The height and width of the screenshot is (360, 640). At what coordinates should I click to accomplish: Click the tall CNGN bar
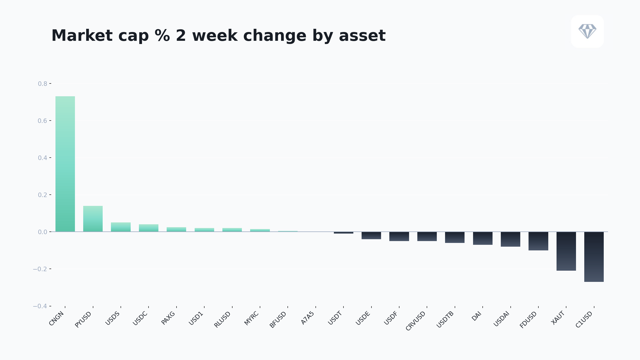[x=65, y=164]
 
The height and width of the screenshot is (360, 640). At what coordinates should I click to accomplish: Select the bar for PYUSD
[x=93, y=219]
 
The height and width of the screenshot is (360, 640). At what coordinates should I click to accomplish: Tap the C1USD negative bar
[x=594, y=257]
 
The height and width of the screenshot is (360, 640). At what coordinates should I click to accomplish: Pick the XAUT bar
[x=566, y=251]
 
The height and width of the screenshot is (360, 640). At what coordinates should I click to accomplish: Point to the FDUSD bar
[x=538, y=241]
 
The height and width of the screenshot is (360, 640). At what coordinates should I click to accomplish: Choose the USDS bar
[x=121, y=227]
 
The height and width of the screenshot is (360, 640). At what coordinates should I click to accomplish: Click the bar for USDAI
[x=510, y=239]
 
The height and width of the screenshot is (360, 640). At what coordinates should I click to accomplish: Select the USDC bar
[x=149, y=228]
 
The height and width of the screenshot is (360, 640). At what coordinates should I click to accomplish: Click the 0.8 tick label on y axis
[x=42, y=84]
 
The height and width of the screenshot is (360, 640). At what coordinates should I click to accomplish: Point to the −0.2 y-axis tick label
[x=40, y=269]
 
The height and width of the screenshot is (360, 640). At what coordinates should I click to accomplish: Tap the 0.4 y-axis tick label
[x=42, y=158]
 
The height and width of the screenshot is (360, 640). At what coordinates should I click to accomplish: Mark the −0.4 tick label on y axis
[x=40, y=306]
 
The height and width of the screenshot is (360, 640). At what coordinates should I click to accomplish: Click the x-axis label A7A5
[x=307, y=318]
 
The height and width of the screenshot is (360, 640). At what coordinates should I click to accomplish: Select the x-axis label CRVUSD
[x=415, y=321]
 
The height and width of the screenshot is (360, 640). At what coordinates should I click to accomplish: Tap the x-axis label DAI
[x=476, y=316]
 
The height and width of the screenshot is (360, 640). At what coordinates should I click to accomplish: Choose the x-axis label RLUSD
[x=222, y=319]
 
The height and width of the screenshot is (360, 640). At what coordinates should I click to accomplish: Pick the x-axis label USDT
[x=335, y=318]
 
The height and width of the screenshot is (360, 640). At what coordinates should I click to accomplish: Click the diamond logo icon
[x=587, y=31]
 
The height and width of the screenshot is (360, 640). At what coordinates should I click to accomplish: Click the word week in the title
[x=215, y=35]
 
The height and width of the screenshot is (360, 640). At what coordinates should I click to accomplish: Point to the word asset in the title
[x=362, y=35]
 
